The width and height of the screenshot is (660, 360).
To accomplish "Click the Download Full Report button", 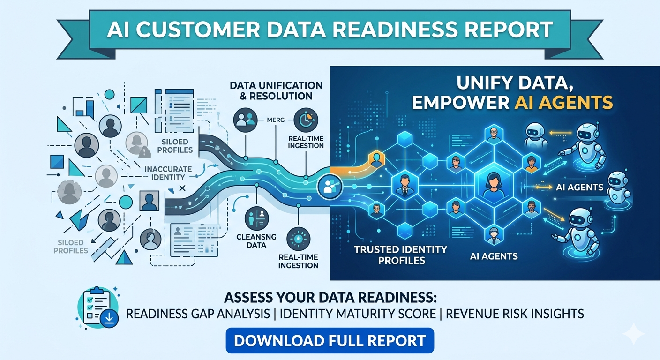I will (330, 340).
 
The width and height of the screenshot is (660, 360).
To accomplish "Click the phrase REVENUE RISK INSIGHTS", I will (515, 314).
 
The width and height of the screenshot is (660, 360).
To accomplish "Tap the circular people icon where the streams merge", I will (326, 187).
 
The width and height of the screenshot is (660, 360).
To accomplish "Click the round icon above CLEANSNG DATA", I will (256, 216).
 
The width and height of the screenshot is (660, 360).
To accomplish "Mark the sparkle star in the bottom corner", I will (635, 334).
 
